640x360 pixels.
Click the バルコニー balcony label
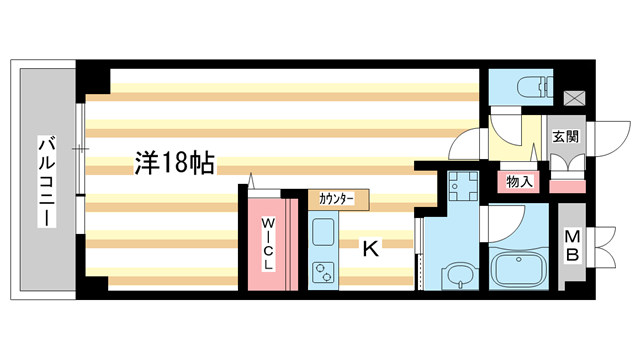tap(46, 181)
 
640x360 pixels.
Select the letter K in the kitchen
tap(369, 249)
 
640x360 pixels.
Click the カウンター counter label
tap(338, 200)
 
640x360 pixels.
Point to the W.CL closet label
tap(269, 244)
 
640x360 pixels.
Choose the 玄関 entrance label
tap(564, 135)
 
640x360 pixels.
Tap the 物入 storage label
tap(520, 182)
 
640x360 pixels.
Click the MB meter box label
tap(572, 246)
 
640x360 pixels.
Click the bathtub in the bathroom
tap(520, 269)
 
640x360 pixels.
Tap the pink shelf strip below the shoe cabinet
tap(567, 185)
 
